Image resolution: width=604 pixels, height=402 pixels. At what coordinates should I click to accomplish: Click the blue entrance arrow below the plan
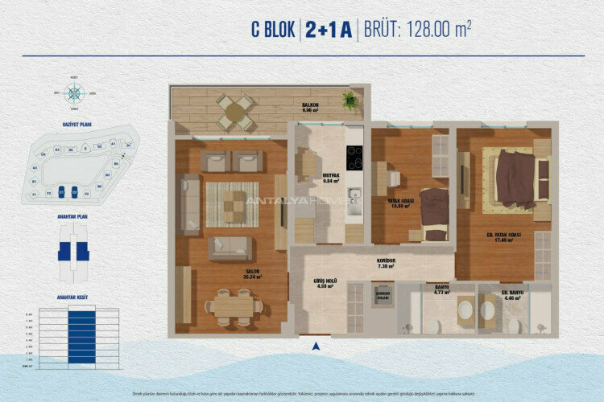(x=316, y=347)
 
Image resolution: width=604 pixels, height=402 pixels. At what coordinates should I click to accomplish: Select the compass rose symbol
(x=75, y=92)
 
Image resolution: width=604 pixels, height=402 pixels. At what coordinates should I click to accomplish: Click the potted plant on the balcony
(x=350, y=100)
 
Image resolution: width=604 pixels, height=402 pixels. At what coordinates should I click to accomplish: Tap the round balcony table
(x=236, y=113)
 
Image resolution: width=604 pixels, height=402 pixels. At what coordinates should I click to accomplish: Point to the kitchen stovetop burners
(x=354, y=158)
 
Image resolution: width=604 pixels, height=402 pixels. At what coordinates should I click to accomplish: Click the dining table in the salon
(x=234, y=306)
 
